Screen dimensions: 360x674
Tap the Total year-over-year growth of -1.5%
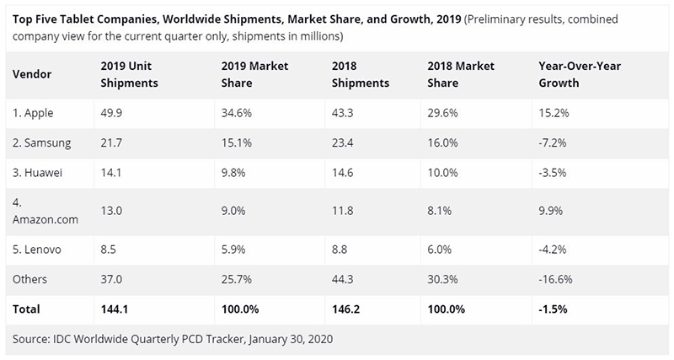pyautogui.click(x=553, y=310)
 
